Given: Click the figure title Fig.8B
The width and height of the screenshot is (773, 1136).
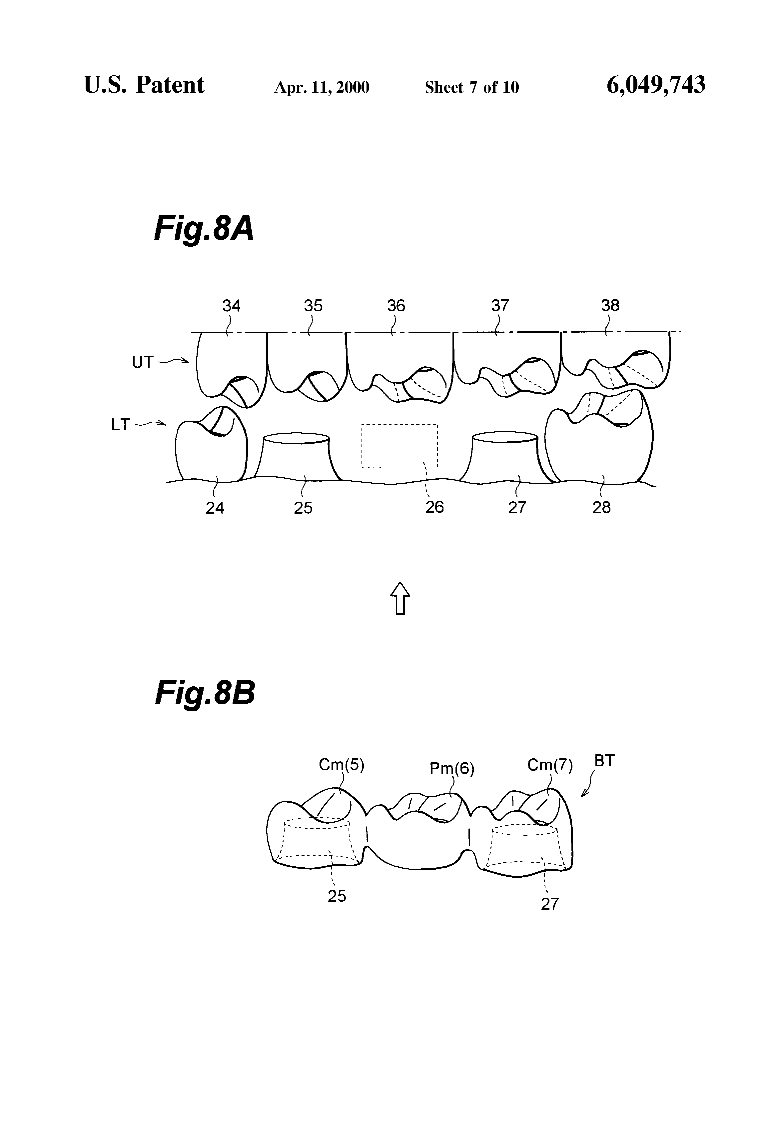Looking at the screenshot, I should (205, 693).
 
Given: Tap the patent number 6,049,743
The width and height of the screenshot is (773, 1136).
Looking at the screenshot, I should (656, 85).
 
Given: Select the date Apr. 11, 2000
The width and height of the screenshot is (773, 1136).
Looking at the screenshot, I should (322, 87).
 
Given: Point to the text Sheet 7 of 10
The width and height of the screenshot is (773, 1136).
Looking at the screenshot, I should (471, 87).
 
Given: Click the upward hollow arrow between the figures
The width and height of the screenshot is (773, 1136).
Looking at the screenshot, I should (400, 597).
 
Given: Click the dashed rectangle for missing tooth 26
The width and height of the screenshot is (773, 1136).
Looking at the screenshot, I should (399, 445).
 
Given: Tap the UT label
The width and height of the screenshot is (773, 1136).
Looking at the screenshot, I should (143, 362).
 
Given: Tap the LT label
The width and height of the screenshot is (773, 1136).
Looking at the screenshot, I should (121, 425).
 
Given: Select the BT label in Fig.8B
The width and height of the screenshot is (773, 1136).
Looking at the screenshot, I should (604, 761).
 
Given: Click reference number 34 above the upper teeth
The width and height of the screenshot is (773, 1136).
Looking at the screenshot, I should (231, 306).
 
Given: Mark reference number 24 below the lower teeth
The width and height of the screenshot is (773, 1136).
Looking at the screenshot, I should (215, 508).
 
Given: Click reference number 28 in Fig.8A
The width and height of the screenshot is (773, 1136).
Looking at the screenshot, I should (601, 507).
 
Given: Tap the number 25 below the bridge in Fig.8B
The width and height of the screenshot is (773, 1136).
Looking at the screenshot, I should (337, 896).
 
